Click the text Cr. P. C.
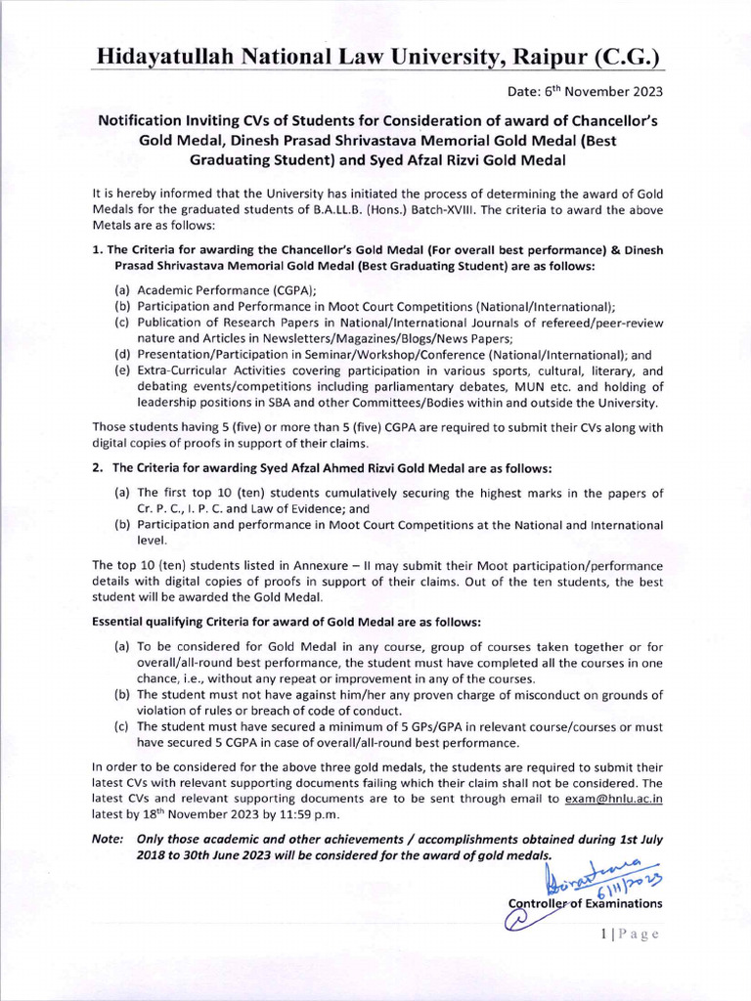[x=160, y=508]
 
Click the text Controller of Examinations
[x=585, y=903]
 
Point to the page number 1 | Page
[x=630, y=934]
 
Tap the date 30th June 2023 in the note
[x=231, y=854]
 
